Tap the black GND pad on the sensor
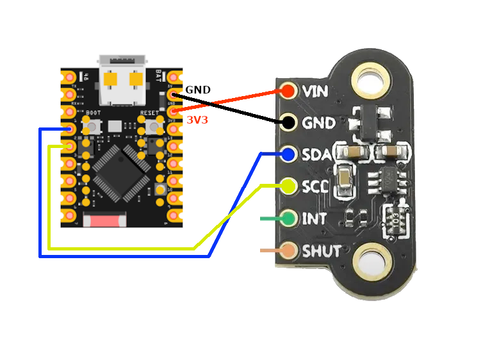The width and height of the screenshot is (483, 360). [288, 122]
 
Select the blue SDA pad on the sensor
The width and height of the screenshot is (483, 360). [288, 154]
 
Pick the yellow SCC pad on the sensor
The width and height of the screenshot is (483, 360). [288, 186]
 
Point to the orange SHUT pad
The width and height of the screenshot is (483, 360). [288, 250]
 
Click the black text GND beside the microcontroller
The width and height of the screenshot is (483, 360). [197, 90]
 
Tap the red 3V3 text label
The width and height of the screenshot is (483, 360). [197, 119]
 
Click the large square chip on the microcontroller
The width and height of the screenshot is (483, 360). [121, 169]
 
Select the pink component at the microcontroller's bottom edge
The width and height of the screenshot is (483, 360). [105, 221]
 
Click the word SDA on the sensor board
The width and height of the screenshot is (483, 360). [316, 155]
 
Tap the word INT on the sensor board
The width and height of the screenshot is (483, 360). [314, 219]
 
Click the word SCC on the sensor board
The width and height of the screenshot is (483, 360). [315, 187]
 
